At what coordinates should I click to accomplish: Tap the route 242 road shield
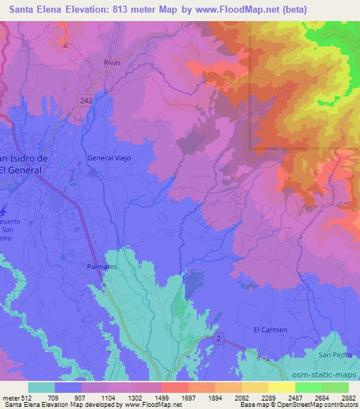point(86,101)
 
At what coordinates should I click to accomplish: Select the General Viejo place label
point(109,158)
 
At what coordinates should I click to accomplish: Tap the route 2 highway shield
point(219,339)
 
